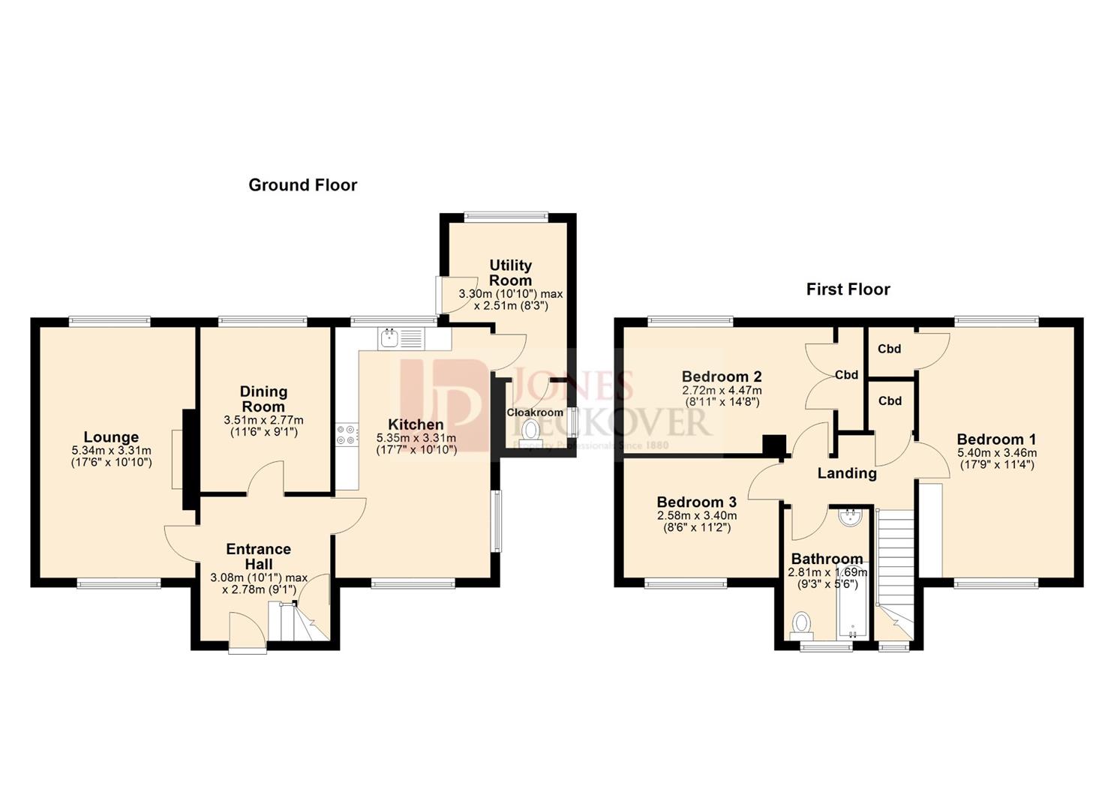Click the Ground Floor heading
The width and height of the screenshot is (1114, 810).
click(x=302, y=184)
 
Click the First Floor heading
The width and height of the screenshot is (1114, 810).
click(x=848, y=289)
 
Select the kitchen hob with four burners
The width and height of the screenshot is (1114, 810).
click(x=347, y=435)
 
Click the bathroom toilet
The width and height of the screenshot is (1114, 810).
click(x=802, y=622)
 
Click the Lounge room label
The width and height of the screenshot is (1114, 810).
click(x=111, y=437)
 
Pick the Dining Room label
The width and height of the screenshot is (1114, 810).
click(x=263, y=398)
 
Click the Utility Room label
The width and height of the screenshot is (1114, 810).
click(x=510, y=272)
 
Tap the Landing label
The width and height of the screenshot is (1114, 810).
click(x=846, y=473)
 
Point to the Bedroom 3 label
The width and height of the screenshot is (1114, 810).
click(x=696, y=502)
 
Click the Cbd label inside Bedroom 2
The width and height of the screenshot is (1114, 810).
click(x=846, y=375)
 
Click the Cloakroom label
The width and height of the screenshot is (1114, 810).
click(x=534, y=412)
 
